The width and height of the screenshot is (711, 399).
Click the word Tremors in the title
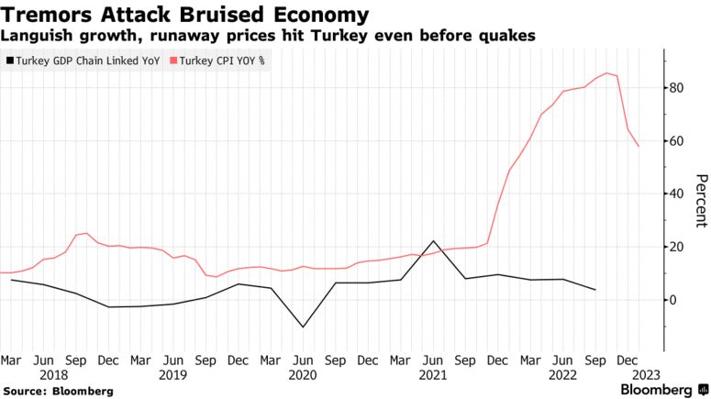point(45,15)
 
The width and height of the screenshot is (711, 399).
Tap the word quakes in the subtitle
point(509,36)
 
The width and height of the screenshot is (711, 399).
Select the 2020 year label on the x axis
point(302,375)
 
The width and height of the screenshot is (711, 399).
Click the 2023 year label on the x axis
point(645,375)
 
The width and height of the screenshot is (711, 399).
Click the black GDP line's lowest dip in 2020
point(303,327)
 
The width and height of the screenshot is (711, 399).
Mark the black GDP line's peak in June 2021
point(433,241)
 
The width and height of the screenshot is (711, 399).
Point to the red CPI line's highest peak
point(606,73)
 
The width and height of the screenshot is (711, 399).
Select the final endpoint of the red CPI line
point(639,146)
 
